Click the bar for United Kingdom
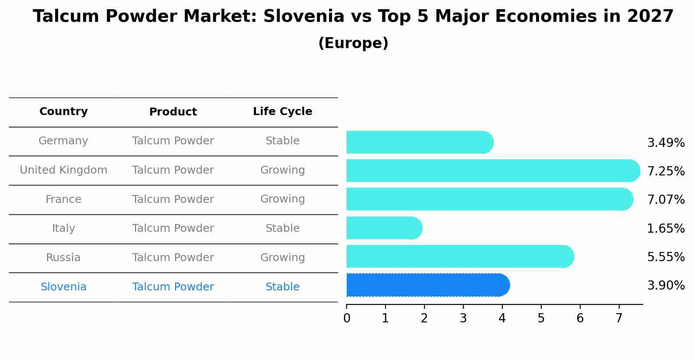492,171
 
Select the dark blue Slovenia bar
428,285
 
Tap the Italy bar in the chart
384,228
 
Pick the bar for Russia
459,256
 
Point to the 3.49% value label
666,143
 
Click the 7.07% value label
666,200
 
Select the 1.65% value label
666,228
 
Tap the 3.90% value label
666,286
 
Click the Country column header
63,112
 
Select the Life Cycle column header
282,112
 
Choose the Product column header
173,112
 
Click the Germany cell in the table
63,141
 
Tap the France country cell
63,199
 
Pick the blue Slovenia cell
63,287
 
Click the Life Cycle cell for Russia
282,258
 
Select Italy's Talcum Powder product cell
173,228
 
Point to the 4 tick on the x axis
502,318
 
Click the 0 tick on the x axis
347,318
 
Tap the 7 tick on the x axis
619,318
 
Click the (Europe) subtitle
353,43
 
